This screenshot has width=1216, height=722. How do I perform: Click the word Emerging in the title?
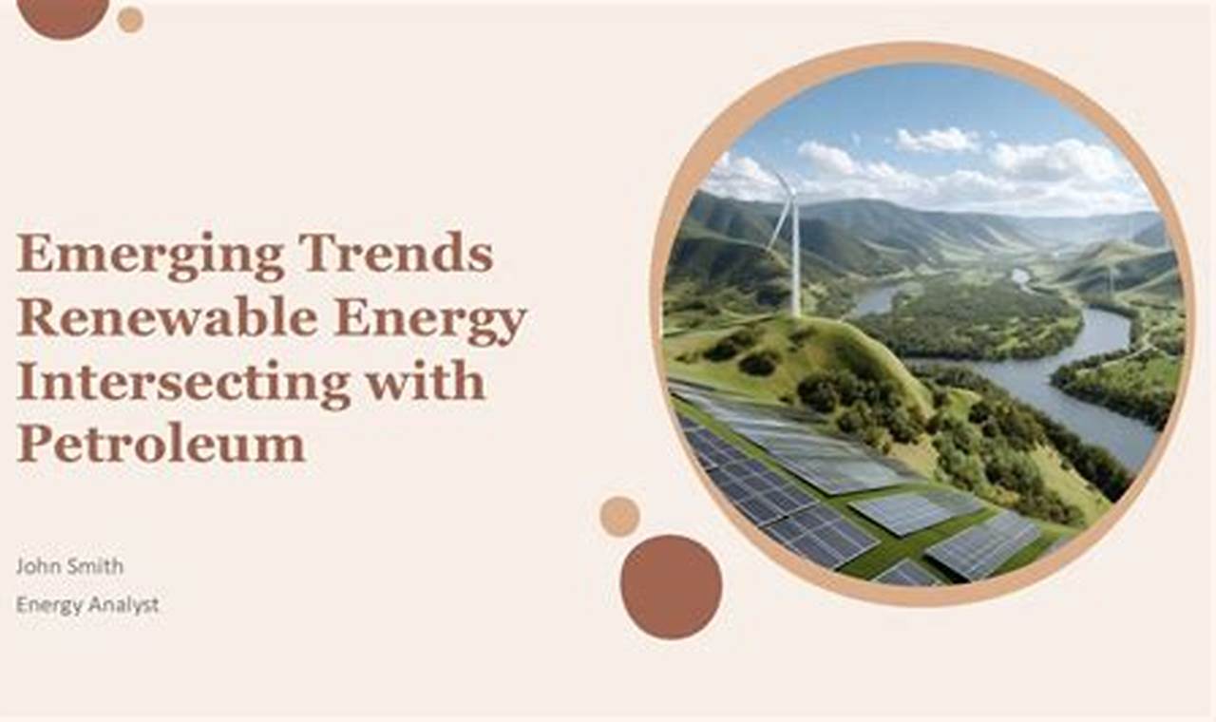149,255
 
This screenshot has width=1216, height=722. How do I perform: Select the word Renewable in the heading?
167,318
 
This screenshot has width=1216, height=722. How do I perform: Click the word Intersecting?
182,382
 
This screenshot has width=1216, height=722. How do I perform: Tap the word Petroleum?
161,444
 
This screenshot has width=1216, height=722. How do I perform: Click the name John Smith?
69,566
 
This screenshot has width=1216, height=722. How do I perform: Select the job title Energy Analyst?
87,604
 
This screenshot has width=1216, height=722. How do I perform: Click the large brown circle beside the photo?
671,586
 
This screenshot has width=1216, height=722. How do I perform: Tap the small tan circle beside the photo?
619,516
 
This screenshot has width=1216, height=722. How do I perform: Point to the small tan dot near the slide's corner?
130,19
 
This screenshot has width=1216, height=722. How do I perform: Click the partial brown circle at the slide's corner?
63,13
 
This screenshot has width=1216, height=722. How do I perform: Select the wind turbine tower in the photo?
795,261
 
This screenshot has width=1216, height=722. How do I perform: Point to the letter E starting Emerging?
32,255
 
